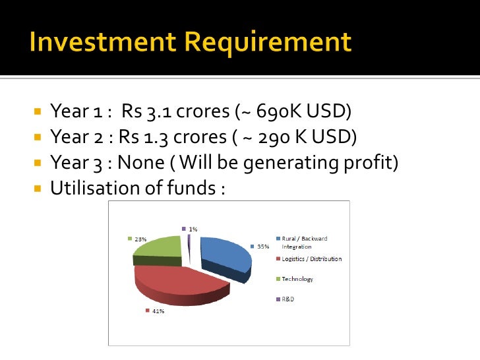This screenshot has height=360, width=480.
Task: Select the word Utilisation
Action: point(94,189)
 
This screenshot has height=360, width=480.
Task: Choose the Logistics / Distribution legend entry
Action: point(311,259)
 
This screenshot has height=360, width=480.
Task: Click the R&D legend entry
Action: point(288,299)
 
